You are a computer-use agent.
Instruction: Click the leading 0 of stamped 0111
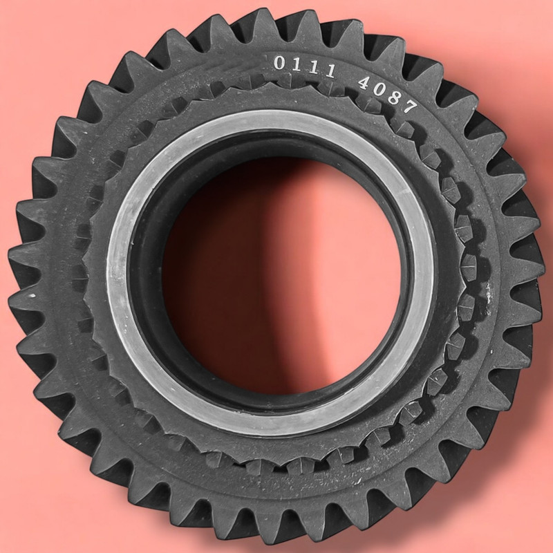click(279, 63)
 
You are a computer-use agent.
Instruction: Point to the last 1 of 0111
click(330, 71)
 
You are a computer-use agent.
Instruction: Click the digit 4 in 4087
click(364, 83)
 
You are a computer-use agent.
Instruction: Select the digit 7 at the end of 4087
click(410, 106)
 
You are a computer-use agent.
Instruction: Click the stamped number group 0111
click(305, 67)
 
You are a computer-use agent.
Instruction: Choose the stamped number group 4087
click(388, 95)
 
